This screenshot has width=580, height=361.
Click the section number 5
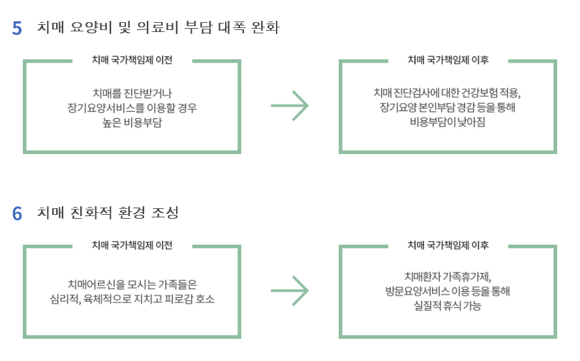(x=17, y=28)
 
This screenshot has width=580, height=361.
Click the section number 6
(x=17, y=213)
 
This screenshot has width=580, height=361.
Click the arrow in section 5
(x=290, y=105)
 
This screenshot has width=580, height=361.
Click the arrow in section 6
(x=290, y=290)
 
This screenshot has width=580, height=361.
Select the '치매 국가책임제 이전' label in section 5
(x=132, y=60)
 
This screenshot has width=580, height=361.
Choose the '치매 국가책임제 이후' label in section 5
(x=448, y=60)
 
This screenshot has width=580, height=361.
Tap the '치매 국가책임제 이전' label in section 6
(x=132, y=245)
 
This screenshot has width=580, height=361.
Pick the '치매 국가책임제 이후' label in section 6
(x=448, y=245)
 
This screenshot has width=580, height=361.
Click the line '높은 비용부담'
(x=132, y=121)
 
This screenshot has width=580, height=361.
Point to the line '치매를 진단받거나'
(x=132, y=92)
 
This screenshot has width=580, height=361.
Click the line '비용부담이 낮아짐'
(x=448, y=121)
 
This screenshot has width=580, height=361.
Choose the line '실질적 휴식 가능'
(x=448, y=306)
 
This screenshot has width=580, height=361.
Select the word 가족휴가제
(x=466, y=276)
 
